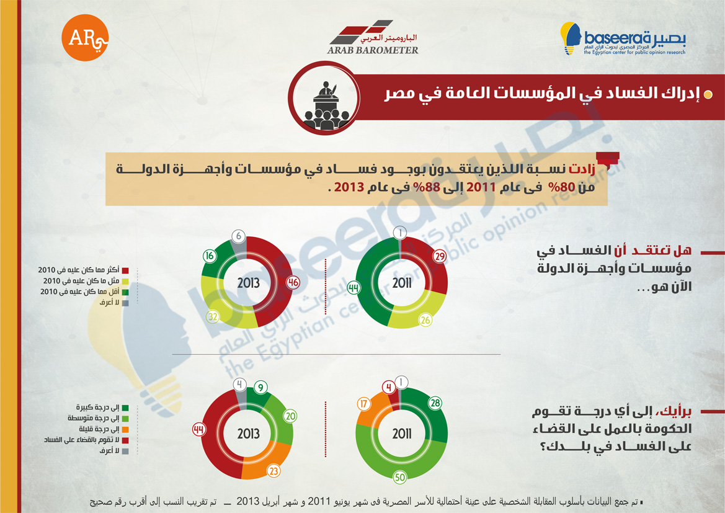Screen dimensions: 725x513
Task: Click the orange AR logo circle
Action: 84,37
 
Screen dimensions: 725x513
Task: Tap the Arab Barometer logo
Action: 373,37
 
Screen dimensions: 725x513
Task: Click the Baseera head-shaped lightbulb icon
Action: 571,38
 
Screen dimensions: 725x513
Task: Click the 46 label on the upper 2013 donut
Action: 293,282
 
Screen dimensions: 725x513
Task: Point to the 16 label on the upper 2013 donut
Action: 210,256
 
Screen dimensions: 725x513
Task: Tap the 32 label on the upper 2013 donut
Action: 213,317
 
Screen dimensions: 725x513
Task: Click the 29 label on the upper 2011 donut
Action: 439,256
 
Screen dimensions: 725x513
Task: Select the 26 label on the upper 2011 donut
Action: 425,319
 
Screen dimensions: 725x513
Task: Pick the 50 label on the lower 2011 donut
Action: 400,478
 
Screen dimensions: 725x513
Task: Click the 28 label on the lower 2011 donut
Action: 435,403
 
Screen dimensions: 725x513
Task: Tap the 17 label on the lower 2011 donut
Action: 364,404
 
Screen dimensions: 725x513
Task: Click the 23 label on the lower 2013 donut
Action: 274,471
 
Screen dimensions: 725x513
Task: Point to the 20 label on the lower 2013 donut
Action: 290,416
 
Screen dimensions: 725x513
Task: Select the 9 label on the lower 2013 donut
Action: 260,388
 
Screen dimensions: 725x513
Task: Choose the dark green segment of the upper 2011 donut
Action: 366,282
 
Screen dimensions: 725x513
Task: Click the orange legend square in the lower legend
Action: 125,429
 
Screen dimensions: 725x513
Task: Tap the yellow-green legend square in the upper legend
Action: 125,281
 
